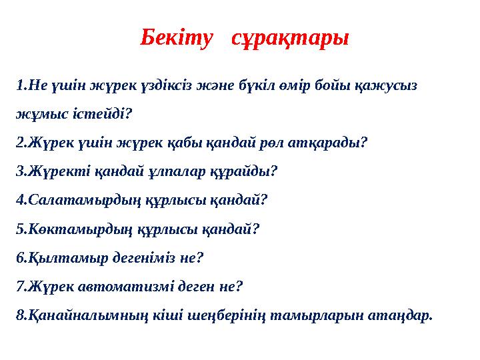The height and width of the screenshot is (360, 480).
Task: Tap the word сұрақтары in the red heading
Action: (x=289, y=38)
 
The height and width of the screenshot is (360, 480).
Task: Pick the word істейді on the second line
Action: (x=97, y=114)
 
